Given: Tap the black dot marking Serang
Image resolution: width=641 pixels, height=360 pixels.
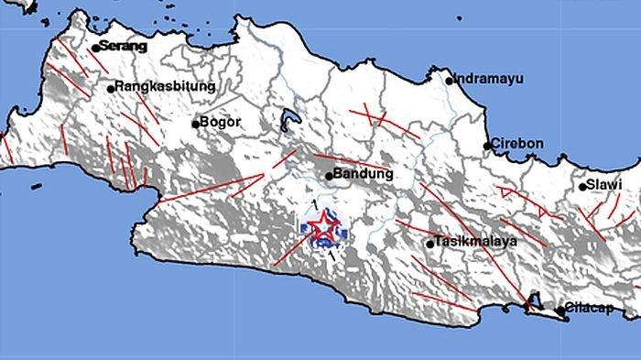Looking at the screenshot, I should click(x=95, y=48).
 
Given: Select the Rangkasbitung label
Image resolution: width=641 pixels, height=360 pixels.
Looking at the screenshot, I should click(x=166, y=87).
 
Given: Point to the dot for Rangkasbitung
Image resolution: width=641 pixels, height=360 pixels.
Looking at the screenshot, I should click(x=111, y=89).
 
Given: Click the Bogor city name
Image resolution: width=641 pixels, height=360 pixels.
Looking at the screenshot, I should click(x=221, y=122).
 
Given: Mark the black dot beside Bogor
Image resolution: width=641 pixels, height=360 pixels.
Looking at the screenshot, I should click(x=195, y=124).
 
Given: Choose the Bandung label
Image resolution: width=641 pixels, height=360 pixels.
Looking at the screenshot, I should click(x=364, y=174).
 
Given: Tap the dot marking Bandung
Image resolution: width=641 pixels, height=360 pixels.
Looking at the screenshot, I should click(x=330, y=176).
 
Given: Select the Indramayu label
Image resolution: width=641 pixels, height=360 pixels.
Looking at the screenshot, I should click(x=490, y=79).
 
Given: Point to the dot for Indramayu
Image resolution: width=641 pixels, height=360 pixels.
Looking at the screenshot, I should click(x=450, y=81).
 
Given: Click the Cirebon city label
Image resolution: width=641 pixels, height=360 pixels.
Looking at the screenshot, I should click(x=517, y=144).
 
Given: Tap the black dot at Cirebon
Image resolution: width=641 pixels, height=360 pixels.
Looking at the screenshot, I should click(x=487, y=146).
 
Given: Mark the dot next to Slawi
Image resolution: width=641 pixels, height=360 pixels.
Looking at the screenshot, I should click(x=582, y=187).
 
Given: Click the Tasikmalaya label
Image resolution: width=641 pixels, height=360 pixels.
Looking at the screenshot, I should click(x=477, y=242).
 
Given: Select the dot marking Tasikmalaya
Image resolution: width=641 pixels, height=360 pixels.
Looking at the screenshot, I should click(x=429, y=244).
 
